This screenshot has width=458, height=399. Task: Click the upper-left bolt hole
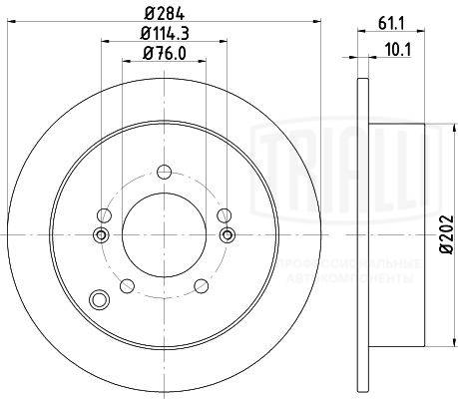103,212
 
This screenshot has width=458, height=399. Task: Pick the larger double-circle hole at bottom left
98,299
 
